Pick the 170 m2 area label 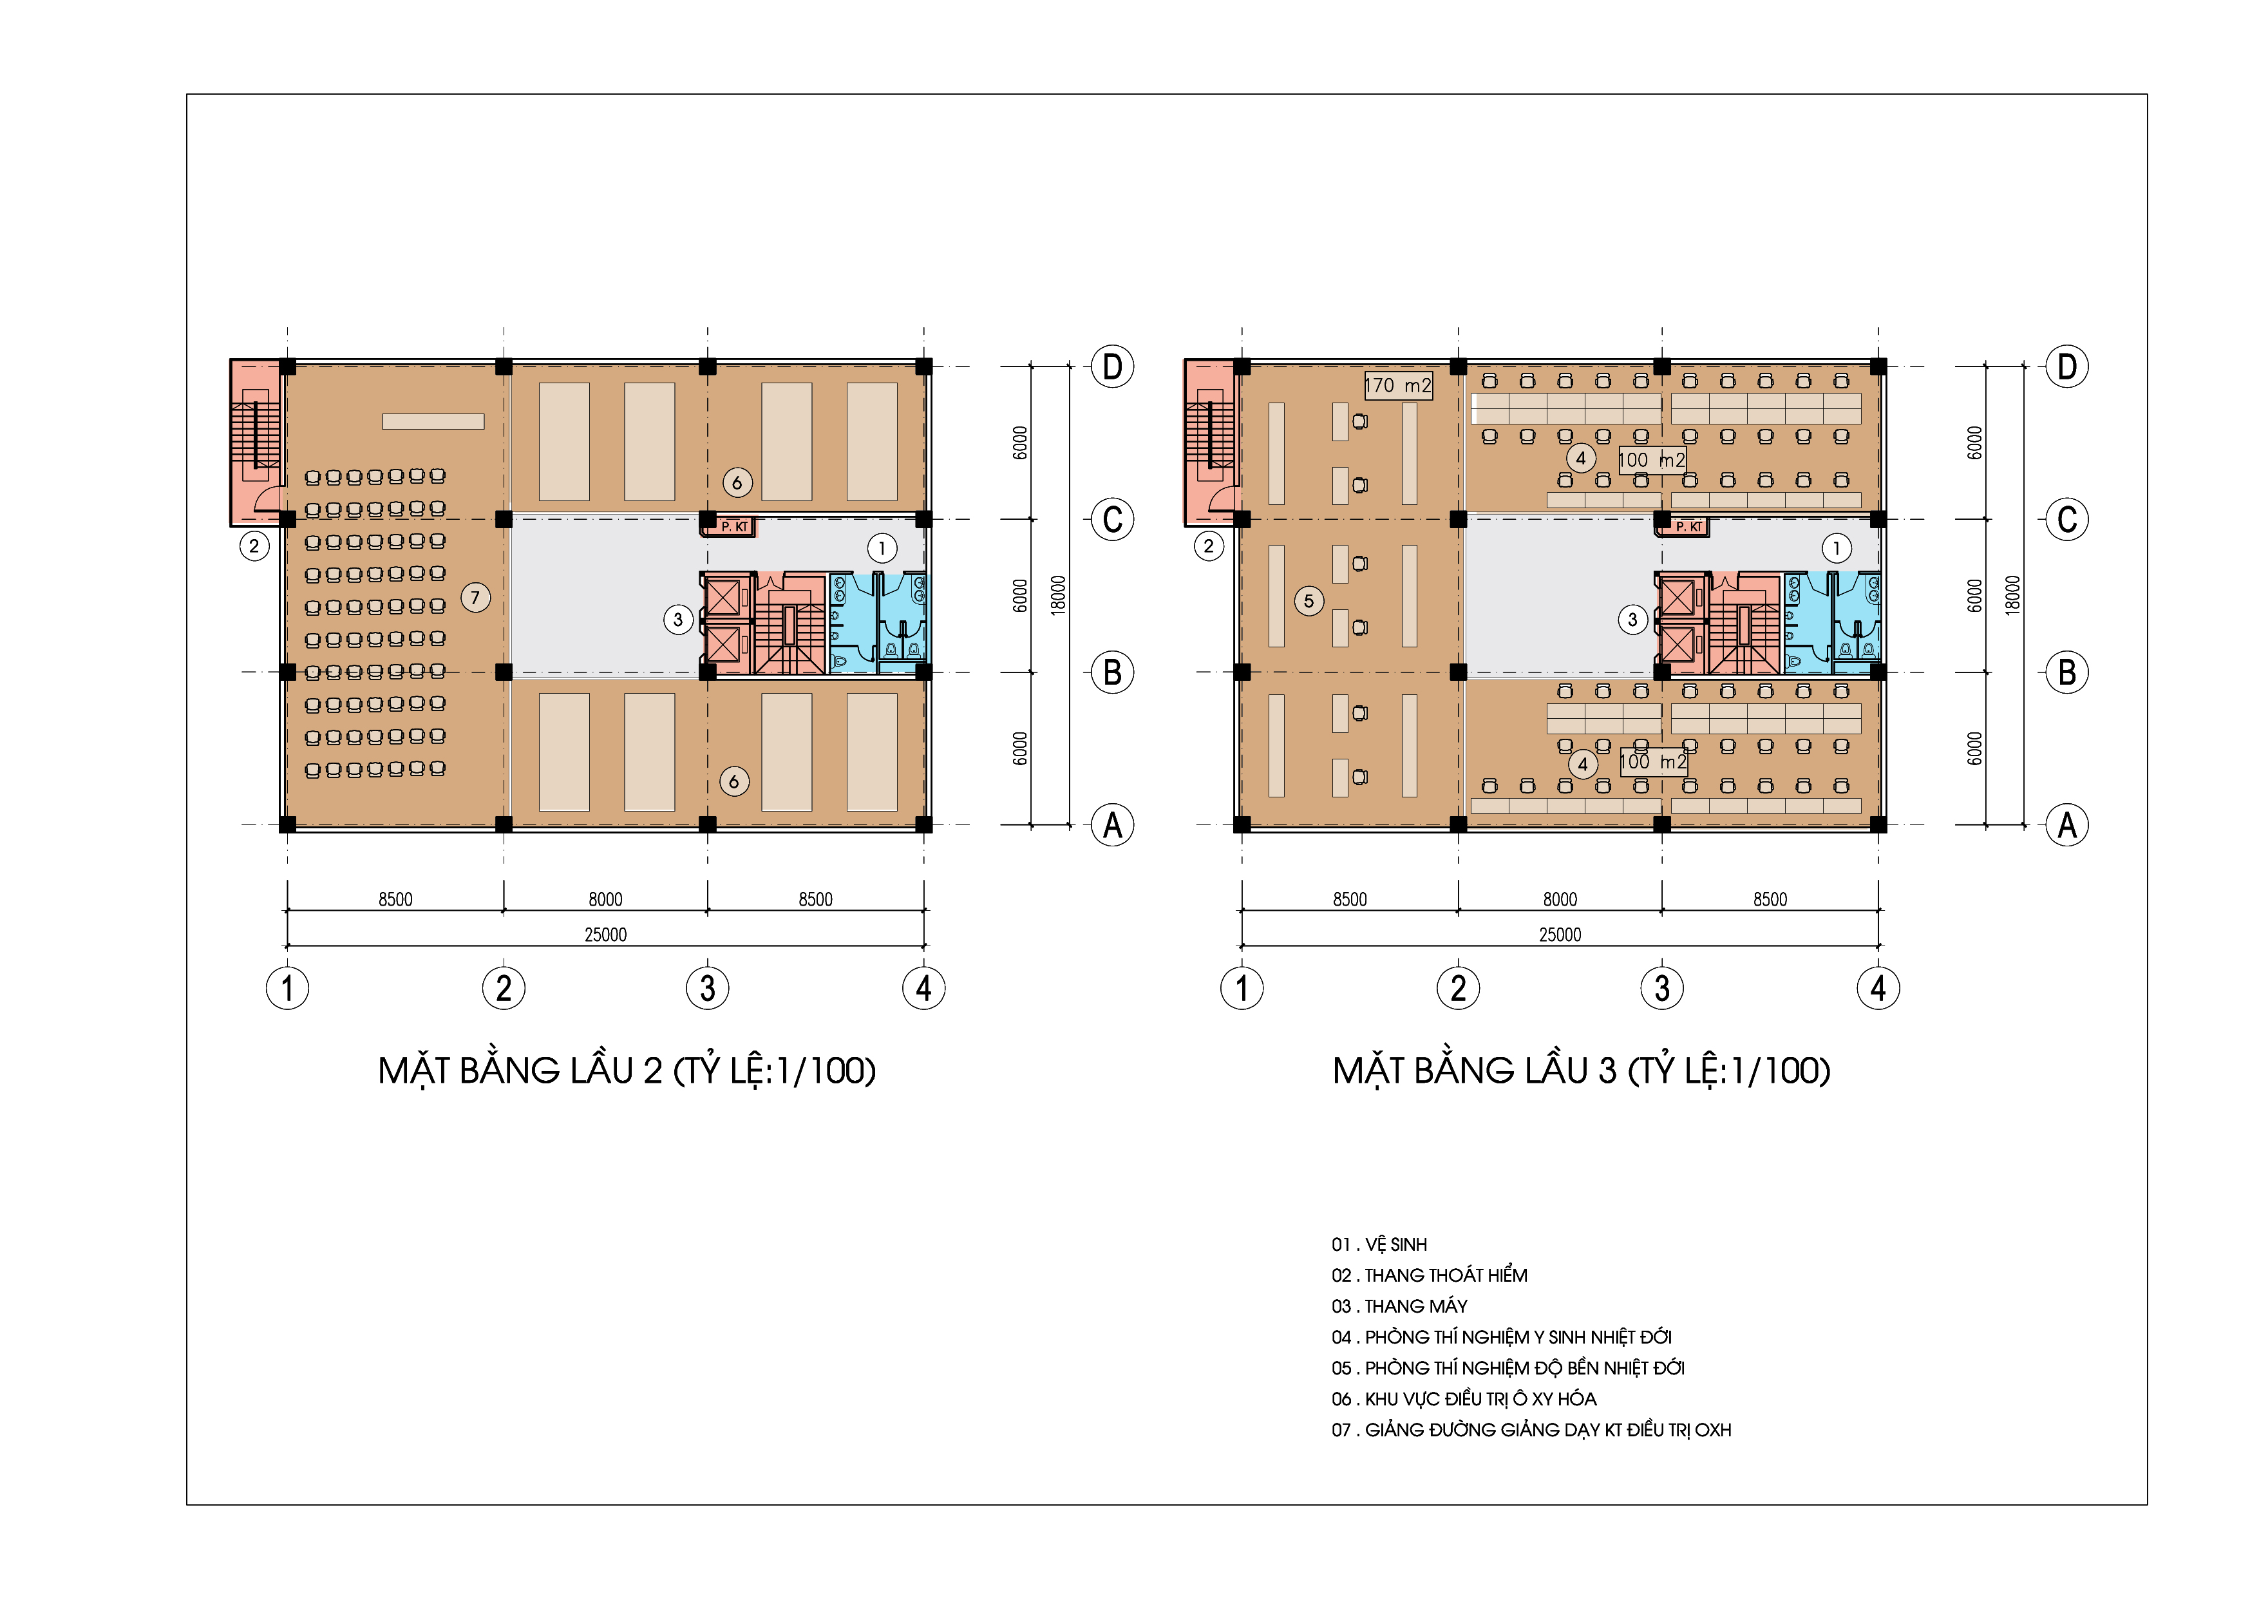coord(1397,386)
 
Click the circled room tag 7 coord(475,597)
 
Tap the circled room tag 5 coord(1309,600)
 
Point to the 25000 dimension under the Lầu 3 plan coord(1560,935)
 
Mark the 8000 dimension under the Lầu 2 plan coord(605,899)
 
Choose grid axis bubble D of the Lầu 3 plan coord(2067,367)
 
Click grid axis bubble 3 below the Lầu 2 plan coord(708,988)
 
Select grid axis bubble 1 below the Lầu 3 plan coord(1242,988)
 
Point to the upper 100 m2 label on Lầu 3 coord(1652,459)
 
